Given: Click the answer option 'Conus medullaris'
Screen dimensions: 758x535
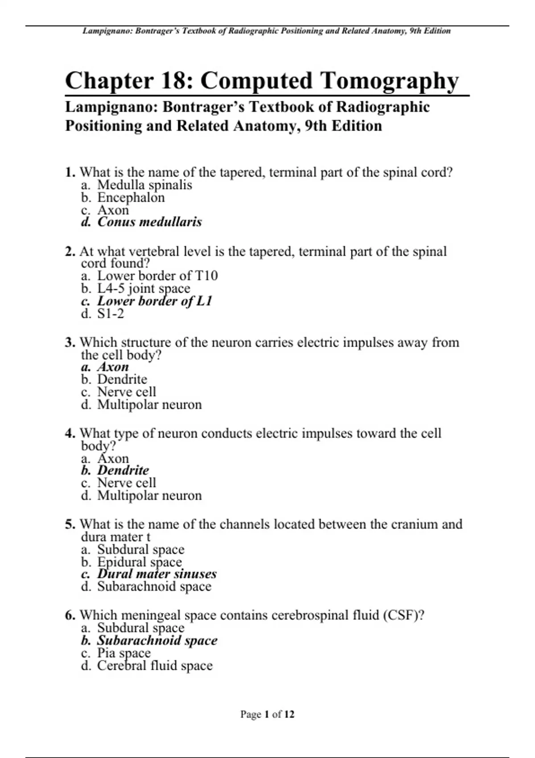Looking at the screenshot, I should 149,222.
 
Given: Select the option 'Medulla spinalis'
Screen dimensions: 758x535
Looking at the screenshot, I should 144,185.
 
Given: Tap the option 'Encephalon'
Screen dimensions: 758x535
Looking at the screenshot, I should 131,198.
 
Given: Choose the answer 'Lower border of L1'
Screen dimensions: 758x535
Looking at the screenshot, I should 154,301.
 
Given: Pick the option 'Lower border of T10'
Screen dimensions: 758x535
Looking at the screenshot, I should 157,276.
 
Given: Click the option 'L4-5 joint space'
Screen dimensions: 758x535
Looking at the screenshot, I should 144,288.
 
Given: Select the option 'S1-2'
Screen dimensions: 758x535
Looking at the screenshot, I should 111,314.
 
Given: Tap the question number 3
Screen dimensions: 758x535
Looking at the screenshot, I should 70,342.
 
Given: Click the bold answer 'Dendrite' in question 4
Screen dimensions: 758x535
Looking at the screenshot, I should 123,470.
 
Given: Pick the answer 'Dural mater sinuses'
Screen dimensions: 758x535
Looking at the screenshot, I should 156,574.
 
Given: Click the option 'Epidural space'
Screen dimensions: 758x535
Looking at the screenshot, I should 140,562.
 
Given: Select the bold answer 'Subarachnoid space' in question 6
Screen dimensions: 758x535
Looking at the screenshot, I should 157,640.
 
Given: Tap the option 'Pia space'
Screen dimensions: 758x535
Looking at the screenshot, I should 124,653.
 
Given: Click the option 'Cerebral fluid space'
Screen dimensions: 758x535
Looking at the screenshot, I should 155,666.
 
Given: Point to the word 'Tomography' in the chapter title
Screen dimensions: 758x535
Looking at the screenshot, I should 389,81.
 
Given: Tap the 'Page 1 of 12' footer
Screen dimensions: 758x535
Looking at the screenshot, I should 267,714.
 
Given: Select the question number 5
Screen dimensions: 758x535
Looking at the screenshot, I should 70,524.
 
